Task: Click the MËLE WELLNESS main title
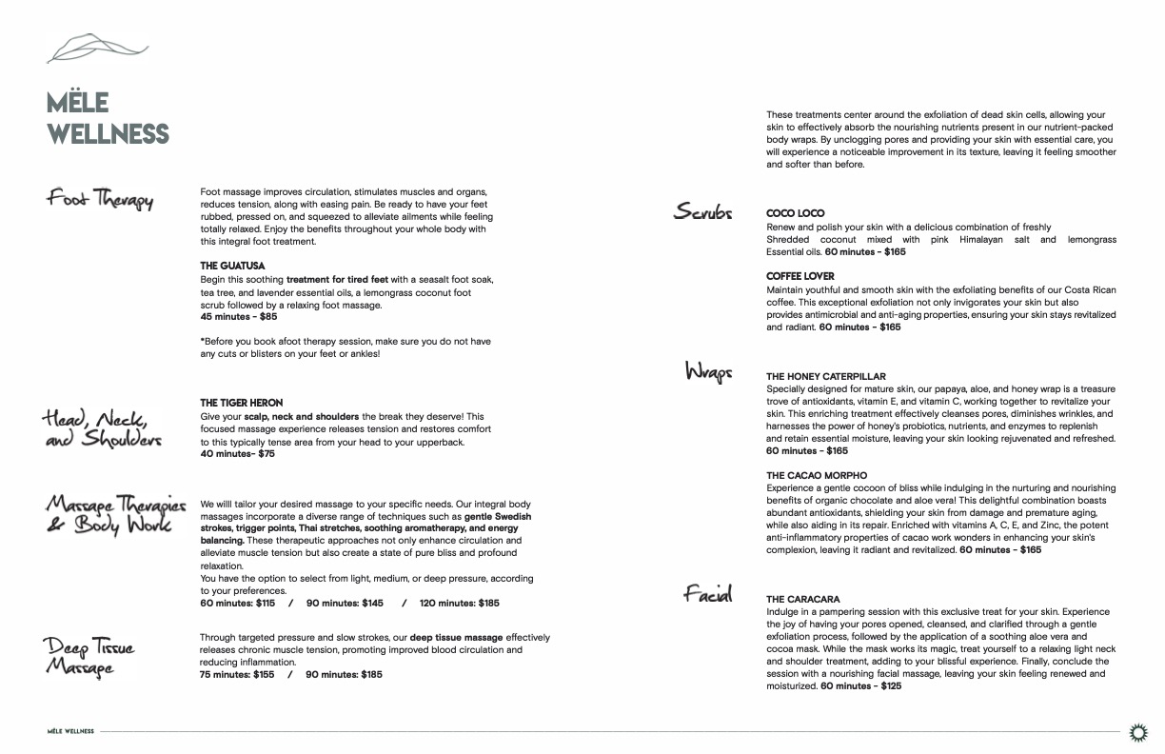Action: pos(108,118)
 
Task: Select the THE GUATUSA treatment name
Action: pos(232,266)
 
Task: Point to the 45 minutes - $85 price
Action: pos(239,317)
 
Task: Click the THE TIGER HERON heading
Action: pos(241,404)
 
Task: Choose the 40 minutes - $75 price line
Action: pos(237,454)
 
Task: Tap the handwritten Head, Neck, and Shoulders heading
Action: pos(102,429)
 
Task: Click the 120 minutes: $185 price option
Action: pos(459,603)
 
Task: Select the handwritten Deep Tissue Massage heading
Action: pos(90,657)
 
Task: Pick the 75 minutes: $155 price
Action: pos(237,675)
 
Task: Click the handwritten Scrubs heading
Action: pos(702,212)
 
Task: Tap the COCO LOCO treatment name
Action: pos(795,213)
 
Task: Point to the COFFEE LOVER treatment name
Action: pos(800,277)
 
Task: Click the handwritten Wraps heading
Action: pos(708,371)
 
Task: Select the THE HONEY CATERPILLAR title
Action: pos(825,377)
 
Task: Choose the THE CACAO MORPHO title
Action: pos(817,475)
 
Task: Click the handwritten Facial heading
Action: pos(707,595)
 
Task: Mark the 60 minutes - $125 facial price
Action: pos(860,685)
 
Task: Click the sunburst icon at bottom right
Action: pos(1136,731)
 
